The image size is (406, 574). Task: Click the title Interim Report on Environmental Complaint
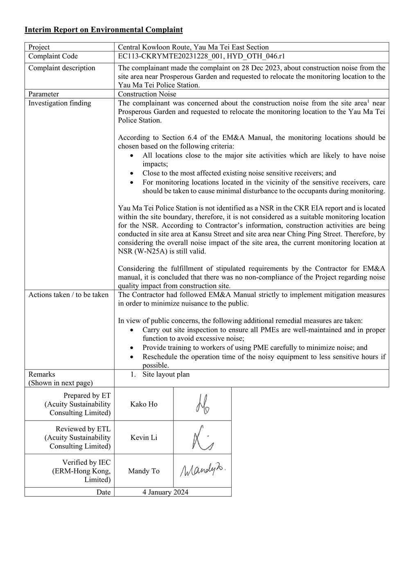click(x=104, y=30)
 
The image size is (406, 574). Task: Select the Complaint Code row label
click(x=53, y=56)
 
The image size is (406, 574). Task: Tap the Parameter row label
click(x=43, y=94)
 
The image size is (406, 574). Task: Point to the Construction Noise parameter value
click(x=147, y=94)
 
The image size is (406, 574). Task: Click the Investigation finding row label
click(x=59, y=103)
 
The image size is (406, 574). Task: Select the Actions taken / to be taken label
click(x=68, y=295)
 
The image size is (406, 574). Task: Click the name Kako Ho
click(x=144, y=404)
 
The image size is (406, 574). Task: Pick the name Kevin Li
click(x=144, y=438)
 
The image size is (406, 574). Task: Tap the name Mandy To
click(x=144, y=471)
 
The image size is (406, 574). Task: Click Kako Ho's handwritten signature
click(x=202, y=404)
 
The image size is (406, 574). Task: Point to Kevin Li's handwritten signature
click(x=202, y=438)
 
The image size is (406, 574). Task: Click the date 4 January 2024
click(x=165, y=492)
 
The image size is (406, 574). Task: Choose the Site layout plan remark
click(x=166, y=374)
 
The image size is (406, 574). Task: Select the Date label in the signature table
click(x=104, y=492)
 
